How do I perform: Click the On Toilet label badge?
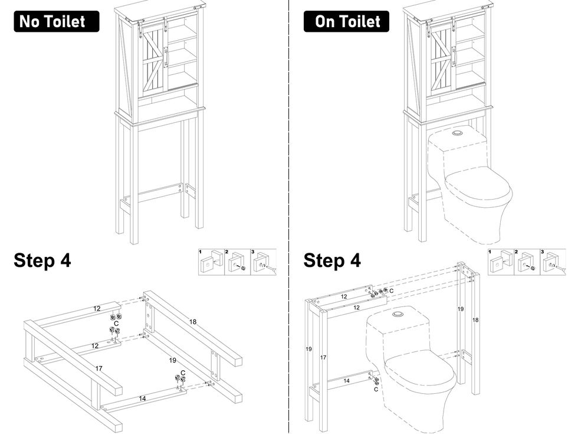[x=346, y=21]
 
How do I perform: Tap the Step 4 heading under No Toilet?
[x=42, y=260]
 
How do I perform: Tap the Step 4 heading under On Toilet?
[x=332, y=260]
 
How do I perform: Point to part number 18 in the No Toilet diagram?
[x=192, y=322]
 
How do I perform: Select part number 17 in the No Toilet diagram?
[x=99, y=368]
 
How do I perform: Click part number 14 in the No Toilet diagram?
[x=142, y=399]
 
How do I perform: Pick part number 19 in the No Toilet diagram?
[x=173, y=360]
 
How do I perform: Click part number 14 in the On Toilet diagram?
[x=347, y=381]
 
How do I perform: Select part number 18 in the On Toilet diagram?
[x=475, y=319]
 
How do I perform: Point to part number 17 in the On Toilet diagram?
[x=323, y=357]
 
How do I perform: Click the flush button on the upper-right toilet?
[x=456, y=134]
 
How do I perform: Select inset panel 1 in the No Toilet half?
[x=210, y=262]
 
